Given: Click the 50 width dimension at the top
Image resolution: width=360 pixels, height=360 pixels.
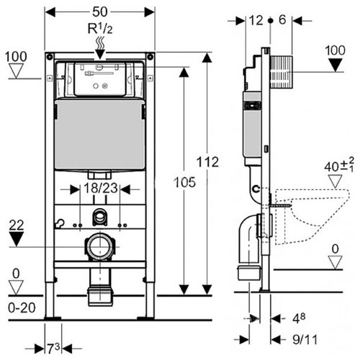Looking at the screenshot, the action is (100, 12).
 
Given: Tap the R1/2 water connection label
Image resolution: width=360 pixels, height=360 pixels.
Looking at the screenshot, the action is (100, 29).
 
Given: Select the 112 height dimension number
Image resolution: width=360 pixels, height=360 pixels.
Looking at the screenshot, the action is (208, 162).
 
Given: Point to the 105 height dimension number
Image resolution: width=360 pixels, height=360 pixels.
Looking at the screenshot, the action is (184, 182).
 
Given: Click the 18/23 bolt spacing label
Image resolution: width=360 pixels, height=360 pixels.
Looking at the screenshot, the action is (101, 188).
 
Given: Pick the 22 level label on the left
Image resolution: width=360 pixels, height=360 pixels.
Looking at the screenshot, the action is (17, 225).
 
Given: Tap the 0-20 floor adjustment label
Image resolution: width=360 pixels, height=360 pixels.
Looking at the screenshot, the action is (22, 307).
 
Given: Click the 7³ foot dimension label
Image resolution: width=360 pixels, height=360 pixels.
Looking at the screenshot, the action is (53, 348).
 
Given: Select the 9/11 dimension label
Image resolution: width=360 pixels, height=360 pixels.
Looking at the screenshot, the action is (305, 340).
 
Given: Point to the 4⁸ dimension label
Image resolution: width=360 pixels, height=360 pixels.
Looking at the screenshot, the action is (299, 318).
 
